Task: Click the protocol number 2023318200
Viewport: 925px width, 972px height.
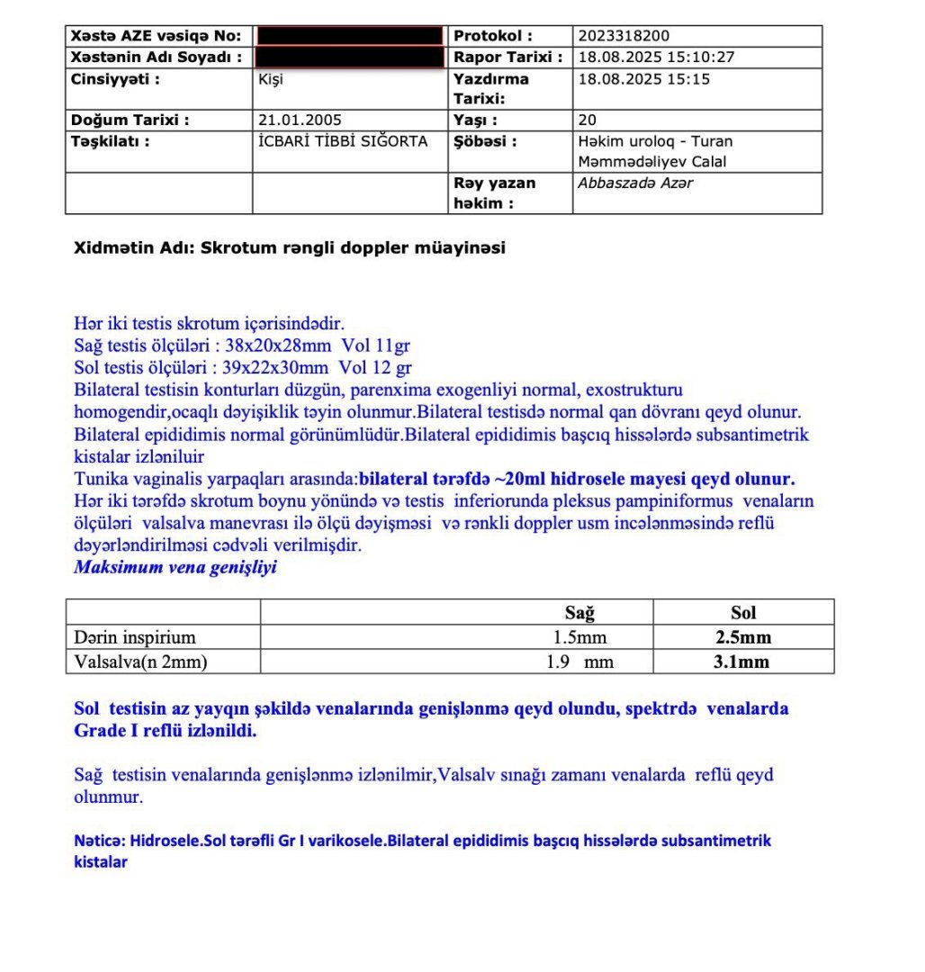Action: [x=624, y=36]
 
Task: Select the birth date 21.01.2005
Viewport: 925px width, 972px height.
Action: [x=300, y=120]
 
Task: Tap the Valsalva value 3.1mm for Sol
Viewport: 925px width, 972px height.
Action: [x=743, y=662]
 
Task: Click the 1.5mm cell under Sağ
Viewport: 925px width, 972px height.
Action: [x=580, y=638]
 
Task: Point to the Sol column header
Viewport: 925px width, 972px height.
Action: [x=743, y=613]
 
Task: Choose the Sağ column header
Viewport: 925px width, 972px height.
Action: [x=579, y=613]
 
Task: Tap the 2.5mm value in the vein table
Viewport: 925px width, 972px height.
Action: [x=743, y=638]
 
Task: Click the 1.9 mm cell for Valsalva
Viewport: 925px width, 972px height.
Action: [x=580, y=662]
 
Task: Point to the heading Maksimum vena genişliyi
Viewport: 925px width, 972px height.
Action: [x=175, y=567]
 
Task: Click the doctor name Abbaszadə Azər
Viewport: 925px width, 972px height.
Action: [x=635, y=183]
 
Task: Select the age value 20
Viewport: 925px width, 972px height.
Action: [x=587, y=120]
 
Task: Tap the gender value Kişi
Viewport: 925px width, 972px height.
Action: [x=270, y=78]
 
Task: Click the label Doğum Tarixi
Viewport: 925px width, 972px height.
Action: [x=130, y=120]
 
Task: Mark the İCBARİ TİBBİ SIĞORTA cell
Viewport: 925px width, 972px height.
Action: [x=343, y=141]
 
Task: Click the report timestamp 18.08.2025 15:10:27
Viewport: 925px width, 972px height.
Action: [x=656, y=57]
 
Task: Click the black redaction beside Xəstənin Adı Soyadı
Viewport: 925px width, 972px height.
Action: [x=349, y=57]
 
